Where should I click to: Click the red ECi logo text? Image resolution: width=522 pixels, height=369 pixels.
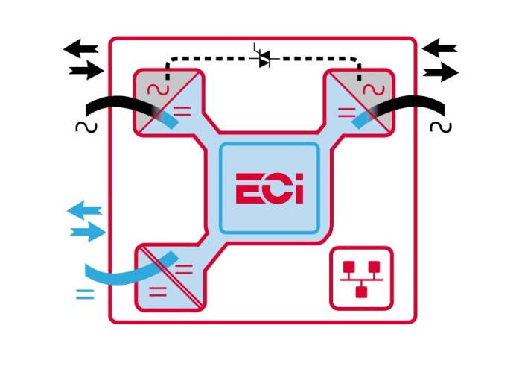click(270, 189)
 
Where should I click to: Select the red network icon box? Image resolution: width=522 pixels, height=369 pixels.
click(361, 277)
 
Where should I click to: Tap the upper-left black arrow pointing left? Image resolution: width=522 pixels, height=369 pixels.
click(81, 50)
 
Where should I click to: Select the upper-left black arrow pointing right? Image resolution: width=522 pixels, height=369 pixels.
click(86, 71)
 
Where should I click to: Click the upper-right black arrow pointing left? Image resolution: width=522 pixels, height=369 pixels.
click(439, 49)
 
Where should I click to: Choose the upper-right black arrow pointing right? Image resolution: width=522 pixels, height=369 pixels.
click(442, 72)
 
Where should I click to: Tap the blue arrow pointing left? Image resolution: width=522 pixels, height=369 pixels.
click(84, 212)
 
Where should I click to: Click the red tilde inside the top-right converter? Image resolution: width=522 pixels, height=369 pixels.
click(370, 89)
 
